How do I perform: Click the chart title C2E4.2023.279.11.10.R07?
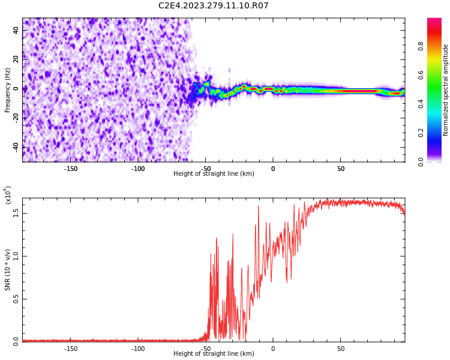click(214, 6)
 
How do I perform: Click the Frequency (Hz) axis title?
click(8, 90)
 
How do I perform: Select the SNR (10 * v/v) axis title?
click(8, 270)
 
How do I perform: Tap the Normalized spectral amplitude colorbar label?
click(446, 90)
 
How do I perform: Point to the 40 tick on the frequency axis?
click(16, 30)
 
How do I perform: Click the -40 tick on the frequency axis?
click(15, 147)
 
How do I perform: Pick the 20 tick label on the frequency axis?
click(16, 59)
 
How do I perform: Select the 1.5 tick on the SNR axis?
click(16, 212)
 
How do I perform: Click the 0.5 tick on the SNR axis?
click(16, 299)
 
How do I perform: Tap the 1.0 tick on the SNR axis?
click(16, 256)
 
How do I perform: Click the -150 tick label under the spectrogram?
click(71, 169)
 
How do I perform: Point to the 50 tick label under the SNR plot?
click(340, 349)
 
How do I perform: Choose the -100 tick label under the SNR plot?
click(138, 349)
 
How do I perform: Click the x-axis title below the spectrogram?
click(214, 174)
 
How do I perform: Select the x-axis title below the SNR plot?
click(214, 354)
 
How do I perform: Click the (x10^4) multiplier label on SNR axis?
click(8, 195)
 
